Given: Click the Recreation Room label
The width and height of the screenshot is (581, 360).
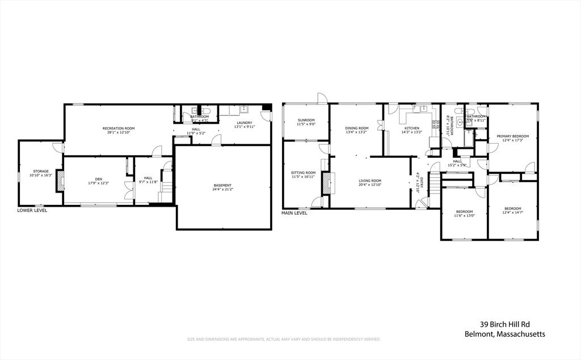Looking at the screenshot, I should coord(119,128).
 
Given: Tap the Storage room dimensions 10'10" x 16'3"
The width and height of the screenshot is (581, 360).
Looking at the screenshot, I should coord(40,175).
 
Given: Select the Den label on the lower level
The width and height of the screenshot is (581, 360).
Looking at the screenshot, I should coord(99,179).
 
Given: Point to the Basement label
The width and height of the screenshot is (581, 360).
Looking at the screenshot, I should coord(222,185).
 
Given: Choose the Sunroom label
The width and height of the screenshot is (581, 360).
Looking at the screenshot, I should coord(306,120).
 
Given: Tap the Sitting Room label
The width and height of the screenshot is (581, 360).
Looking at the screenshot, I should coord(303,173).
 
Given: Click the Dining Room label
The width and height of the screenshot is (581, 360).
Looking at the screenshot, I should coord(357,128).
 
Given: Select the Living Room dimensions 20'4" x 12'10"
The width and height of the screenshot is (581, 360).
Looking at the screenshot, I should coord(370,185).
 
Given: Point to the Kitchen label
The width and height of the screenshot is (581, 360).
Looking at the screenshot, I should coord(411,128).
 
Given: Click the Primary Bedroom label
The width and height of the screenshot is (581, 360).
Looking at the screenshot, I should coord(512,136).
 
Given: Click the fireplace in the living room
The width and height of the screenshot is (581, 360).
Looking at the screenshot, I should coord(326,183).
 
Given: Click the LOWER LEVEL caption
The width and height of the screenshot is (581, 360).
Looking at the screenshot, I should coord(32,210).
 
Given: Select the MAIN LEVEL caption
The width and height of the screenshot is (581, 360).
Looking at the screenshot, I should coord(294,213).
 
